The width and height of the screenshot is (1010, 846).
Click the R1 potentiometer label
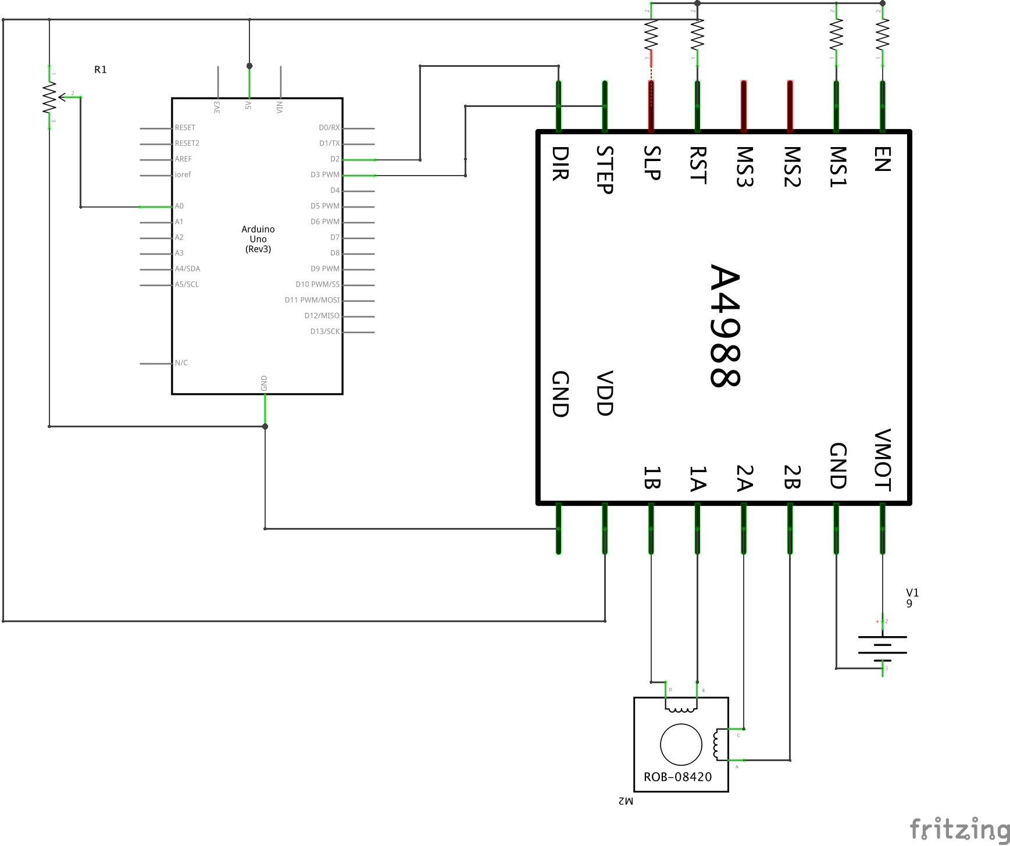[x=101, y=70]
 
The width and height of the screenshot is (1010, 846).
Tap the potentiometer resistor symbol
[x=49, y=97]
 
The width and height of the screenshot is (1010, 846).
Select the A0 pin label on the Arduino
[x=179, y=206]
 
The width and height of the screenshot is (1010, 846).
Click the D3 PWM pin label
[x=324, y=175]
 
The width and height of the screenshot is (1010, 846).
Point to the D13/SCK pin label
[x=324, y=332]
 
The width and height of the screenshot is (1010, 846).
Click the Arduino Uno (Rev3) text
[x=258, y=239]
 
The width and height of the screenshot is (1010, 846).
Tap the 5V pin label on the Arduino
[x=248, y=106]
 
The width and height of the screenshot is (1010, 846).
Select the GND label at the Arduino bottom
[x=264, y=383]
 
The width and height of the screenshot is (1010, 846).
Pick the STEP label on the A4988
[x=605, y=169]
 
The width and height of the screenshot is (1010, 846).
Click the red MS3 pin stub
[x=744, y=106]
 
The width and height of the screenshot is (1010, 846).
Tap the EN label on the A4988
[x=882, y=159]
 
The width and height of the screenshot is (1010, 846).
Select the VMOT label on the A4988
[x=882, y=460]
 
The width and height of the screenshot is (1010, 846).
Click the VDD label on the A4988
[x=605, y=393]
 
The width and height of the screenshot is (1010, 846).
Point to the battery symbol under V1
[x=882, y=645]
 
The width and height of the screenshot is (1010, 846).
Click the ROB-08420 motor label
[x=677, y=777]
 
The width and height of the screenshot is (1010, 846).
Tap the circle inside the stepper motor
[x=681, y=744]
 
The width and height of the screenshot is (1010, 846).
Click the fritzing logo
[x=959, y=829]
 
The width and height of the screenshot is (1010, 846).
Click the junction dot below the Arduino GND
[x=265, y=427]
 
